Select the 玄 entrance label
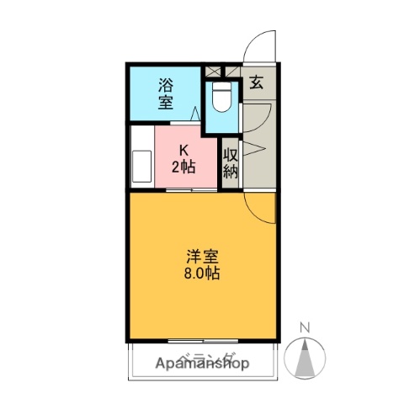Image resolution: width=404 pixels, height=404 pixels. point(255,82)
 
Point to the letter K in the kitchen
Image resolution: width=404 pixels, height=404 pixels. point(183,150)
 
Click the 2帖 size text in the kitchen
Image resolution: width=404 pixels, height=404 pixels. point(183,166)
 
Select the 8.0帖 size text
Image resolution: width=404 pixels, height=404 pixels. point(204,274)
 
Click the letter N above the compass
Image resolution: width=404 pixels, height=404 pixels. point(307,327)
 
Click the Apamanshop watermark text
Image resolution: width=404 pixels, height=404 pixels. point(202,364)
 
